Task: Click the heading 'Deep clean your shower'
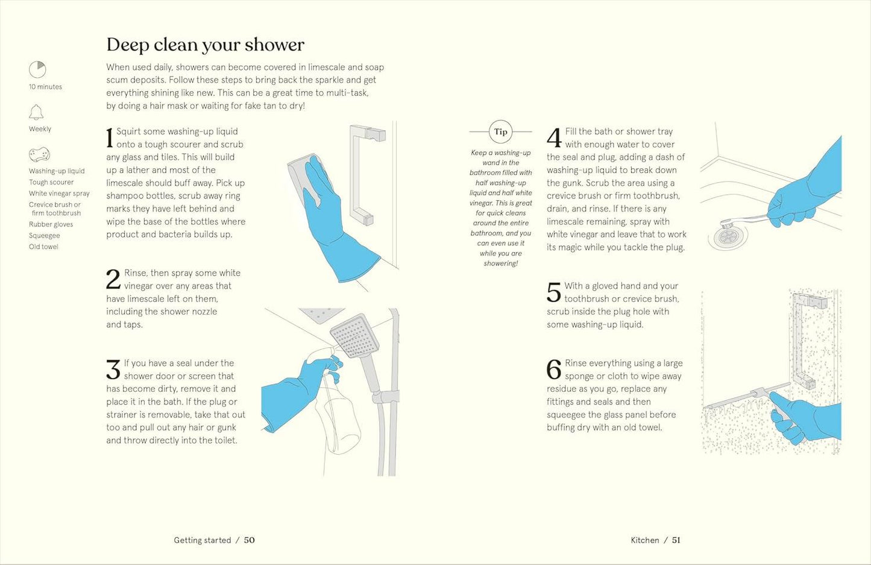pyautogui.click(x=205, y=45)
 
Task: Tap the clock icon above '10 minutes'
pyautogui.click(x=37, y=70)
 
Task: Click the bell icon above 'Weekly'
pyautogui.click(x=36, y=112)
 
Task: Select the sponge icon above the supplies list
pyautogui.click(x=39, y=155)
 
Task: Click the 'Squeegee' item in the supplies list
pyautogui.click(x=45, y=236)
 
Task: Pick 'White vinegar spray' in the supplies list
pyautogui.click(x=59, y=194)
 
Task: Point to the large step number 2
pyautogui.click(x=113, y=279)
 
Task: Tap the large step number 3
pyautogui.click(x=113, y=369)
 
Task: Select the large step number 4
pyautogui.click(x=554, y=137)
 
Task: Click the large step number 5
pyautogui.click(x=553, y=292)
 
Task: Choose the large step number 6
pyautogui.click(x=553, y=369)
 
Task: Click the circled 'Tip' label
pyautogui.click(x=500, y=131)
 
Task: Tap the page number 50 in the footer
pyautogui.click(x=249, y=540)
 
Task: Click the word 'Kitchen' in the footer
pyautogui.click(x=644, y=540)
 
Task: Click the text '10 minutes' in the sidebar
pyautogui.click(x=45, y=87)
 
